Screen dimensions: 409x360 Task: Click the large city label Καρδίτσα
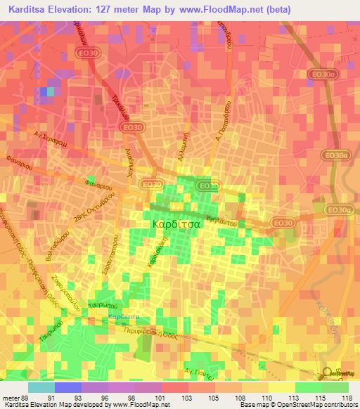(x=177, y=224)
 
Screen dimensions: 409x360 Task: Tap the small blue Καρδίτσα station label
(x=122, y=316)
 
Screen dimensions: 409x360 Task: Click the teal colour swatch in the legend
(x=41, y=387)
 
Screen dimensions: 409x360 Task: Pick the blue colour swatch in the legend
(x=68, y=387)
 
